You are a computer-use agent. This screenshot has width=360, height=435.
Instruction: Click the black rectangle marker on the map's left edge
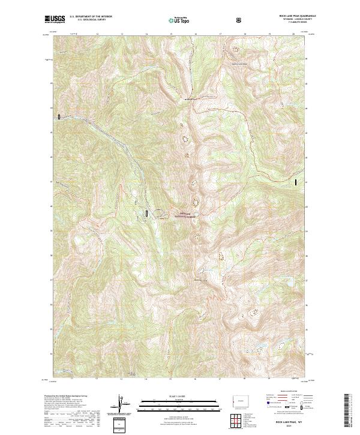click(59, 116)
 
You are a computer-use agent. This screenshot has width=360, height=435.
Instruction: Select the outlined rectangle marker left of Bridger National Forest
click(146, 212)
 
